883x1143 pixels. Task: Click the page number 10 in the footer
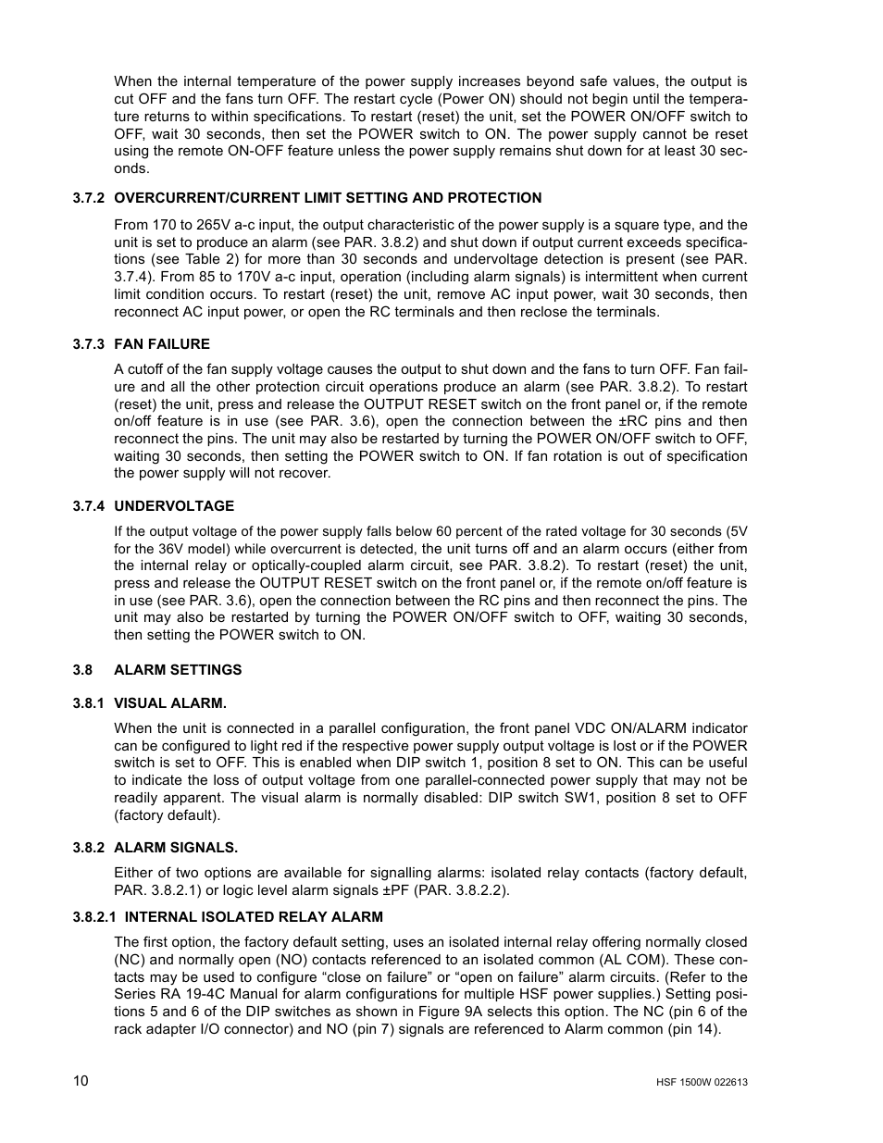pyautogui.click(x=81, y=1081)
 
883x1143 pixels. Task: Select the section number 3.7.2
pyautogui.click(x=92, y=198)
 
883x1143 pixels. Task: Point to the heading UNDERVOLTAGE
pyautogui.click(x=174, y=506)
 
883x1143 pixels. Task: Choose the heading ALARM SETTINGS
pyautogui.click(x=178, y=670)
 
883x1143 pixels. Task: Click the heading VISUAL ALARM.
pyautogui.click(x=170, y=703)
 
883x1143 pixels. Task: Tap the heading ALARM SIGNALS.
pyautogui.click(x=176, y=848)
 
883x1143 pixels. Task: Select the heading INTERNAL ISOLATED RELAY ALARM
pyautogui.click(x=254, y=917)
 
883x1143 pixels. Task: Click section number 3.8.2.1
pyautogui.click(x=97, y=917)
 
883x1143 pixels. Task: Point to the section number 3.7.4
pyautogui.click(x=92, y=506)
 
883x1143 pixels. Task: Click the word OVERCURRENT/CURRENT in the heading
pyautogui.click(x=193, y=198)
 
